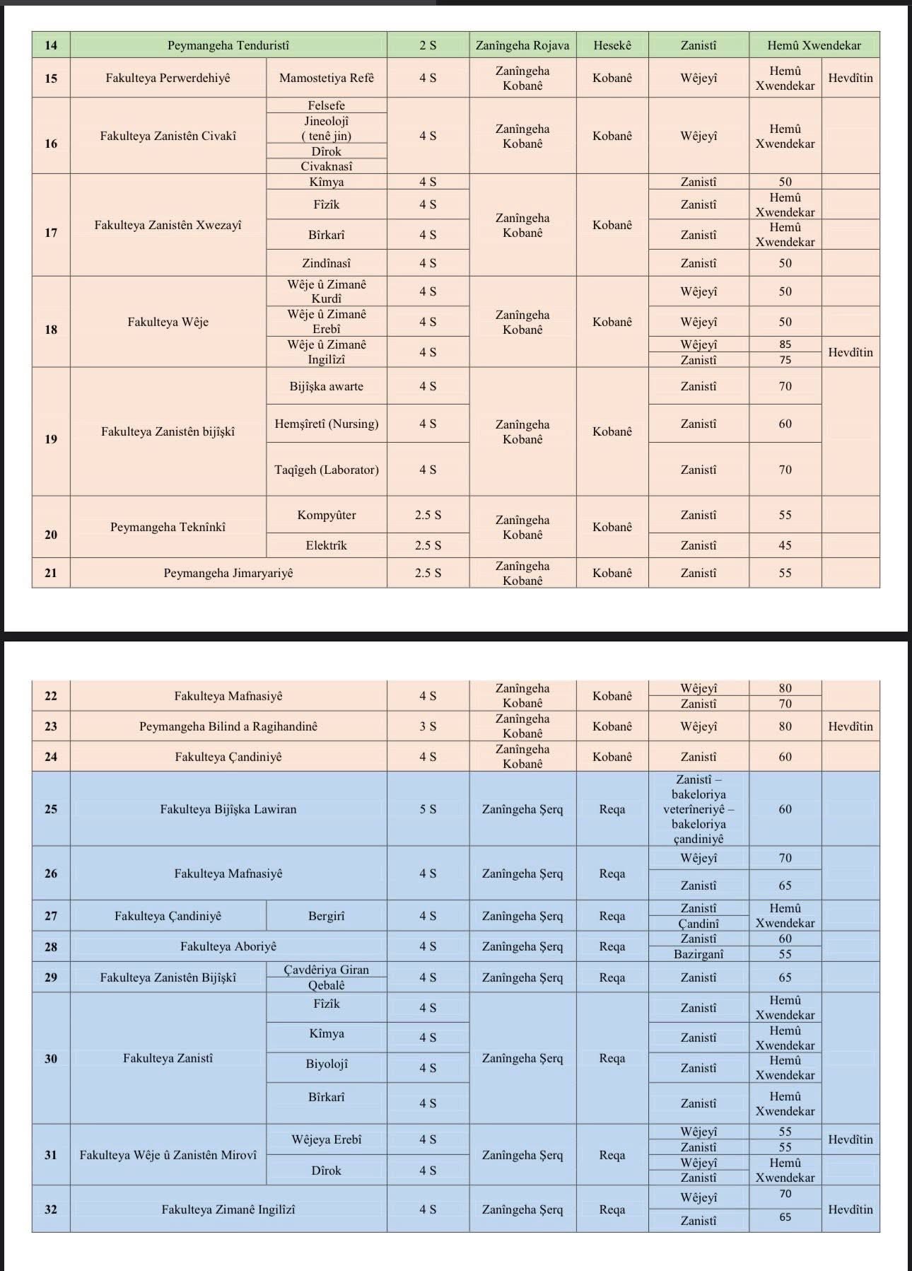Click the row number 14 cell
[x=51, y=45]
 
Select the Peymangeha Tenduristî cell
[x=228, y=45]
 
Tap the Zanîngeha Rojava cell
[x=522, y=45]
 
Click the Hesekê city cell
[x=612, y=45]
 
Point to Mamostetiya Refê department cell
[x=326, y=78]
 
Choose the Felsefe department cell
[x=326, y=105]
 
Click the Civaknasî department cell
[x=326, y=166]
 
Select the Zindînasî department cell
[x=326, y=263]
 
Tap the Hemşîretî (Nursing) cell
[x=326, y=424]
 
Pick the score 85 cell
[x=785, y=344]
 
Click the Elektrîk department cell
[x=326, y=545]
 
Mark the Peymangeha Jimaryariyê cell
[x=228, y=573]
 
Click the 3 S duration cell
[x=428, y=726]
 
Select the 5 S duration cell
[x=428, y=809]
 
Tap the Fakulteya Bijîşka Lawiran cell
[x=228, y=809]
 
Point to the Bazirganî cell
[x=698, y=954]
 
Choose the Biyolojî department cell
[x=326, y=1064]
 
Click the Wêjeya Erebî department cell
[x=326, y=1139]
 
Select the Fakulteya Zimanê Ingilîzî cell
[x=228, y=1209]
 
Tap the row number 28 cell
[x=51, y=946]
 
